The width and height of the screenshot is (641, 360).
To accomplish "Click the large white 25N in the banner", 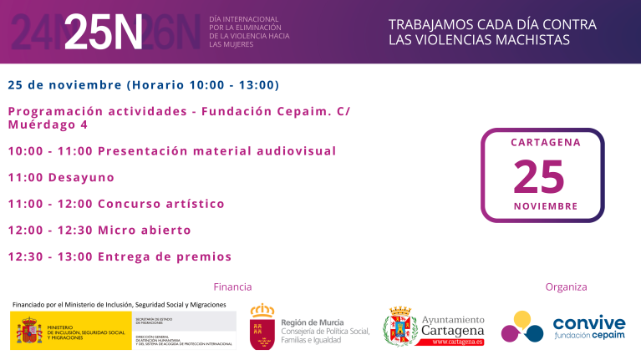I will coord(103,32).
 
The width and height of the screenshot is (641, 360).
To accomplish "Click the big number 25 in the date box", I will coord(539,175).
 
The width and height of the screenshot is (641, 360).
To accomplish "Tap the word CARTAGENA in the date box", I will coord(546,142).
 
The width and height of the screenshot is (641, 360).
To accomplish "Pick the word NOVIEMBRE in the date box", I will coord(546,206).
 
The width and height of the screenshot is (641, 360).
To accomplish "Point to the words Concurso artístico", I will coord(161,203).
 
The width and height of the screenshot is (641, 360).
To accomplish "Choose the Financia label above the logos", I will coord(232,286).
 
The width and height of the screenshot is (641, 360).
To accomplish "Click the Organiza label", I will coord(566,286).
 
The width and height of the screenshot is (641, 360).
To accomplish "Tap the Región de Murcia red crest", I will coord(262,327).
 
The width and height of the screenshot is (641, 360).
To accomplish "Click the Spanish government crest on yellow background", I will coord(29,332).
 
